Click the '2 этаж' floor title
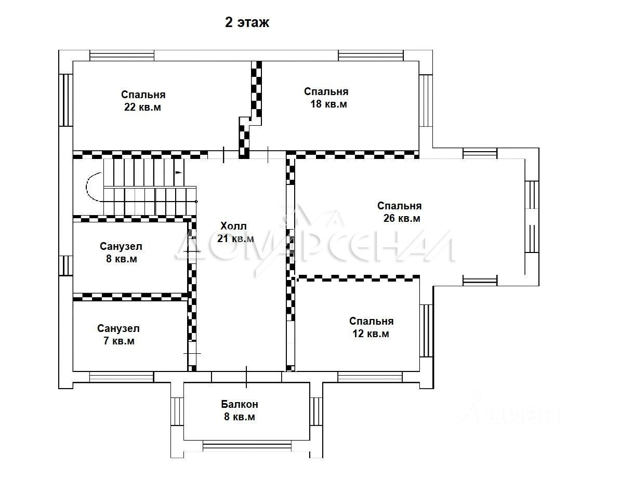247,22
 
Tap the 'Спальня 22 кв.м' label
143,101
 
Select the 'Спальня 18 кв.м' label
326,98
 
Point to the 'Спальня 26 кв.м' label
400,212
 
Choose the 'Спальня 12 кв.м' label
371,327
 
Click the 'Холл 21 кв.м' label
235,232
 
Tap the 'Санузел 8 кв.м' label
121,252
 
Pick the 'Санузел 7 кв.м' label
118,335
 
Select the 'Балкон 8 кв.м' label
240,410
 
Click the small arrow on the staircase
179,172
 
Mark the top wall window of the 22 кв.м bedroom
122,56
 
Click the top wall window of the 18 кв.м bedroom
371,56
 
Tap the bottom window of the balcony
247,446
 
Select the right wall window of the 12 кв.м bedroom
426,330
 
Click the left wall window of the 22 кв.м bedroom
66,100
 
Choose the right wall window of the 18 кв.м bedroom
426,100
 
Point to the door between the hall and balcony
246,377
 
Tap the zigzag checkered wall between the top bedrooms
250,110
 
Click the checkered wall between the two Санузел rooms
130,297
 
